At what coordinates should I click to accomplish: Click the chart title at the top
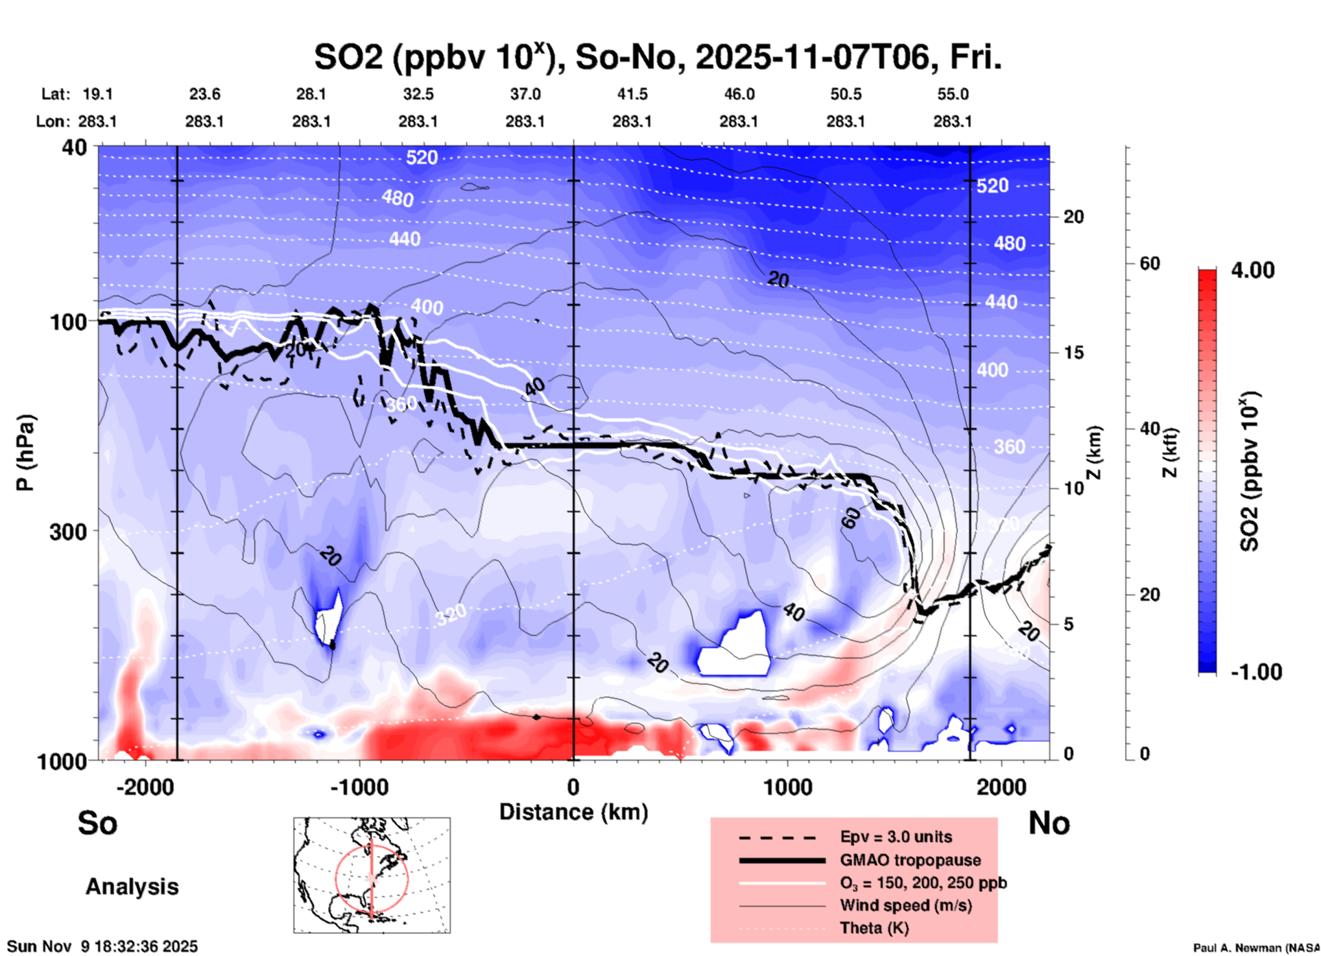(x=658, y=57)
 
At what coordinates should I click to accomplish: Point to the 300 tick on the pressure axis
(x=69, y=531)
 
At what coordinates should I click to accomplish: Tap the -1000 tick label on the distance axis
(x=359, y=787)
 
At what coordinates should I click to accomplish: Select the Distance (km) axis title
(x=573, y=812)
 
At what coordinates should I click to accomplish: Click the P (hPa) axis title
(x=25, y=453)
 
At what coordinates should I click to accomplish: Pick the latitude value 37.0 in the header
(x=525, y=94)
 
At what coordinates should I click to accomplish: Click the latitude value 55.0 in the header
(x=953, y=94)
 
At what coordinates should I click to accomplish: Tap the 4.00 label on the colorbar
(x=1252, y=270)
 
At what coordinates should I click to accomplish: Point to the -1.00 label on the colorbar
(x=1256, y=672)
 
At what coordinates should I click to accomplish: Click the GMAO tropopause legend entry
(x=910, y=860)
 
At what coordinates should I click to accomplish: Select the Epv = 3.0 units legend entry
(x=896, y=837)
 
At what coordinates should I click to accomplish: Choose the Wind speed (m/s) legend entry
(x=905, y=905)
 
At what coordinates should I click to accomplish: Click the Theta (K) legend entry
(x=874, y=928)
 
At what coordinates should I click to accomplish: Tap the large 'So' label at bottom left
(x=97, y=823)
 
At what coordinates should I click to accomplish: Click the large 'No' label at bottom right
(x=1049, y=823)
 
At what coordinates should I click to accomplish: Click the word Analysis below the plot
(x=132, y=887)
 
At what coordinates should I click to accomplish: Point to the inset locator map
(x=372, y=874)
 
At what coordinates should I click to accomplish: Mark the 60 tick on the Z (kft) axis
(x=1150, y=263)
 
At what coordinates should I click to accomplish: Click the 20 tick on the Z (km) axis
(x=1073, y=217)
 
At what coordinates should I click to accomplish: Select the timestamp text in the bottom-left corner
(x=102, y=946)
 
